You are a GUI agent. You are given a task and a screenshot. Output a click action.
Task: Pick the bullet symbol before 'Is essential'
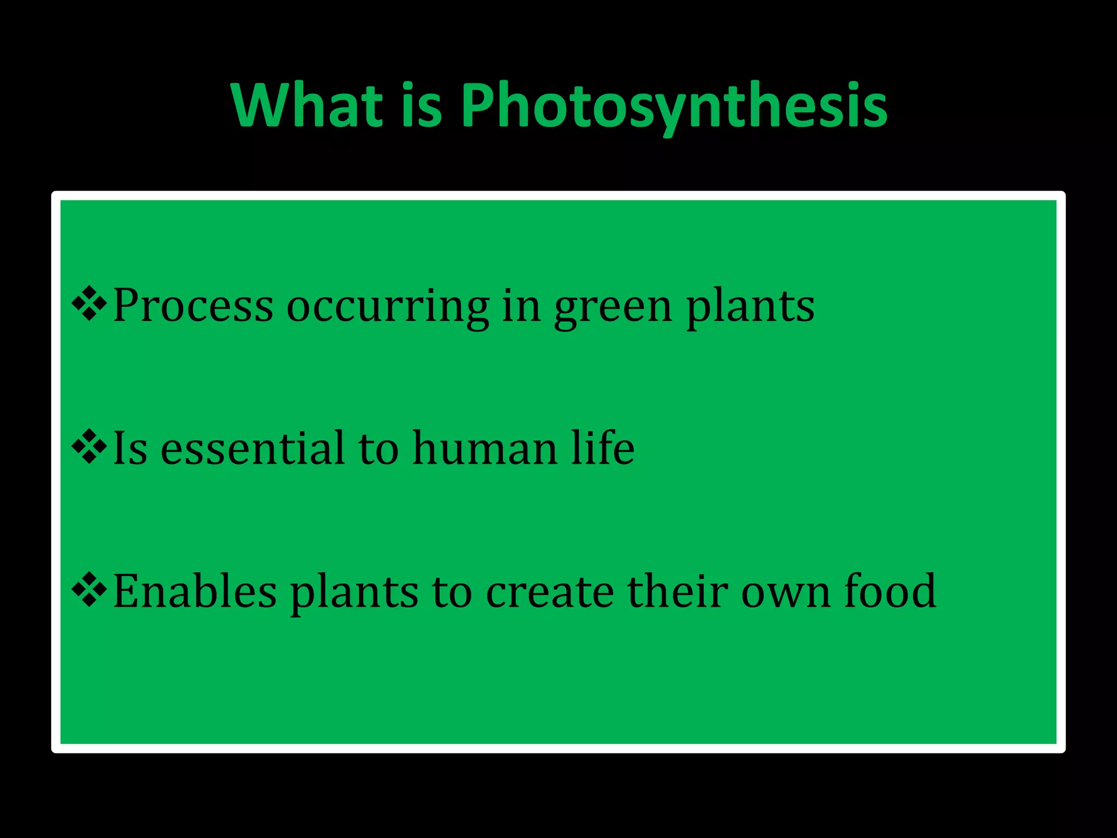tap(89, 447)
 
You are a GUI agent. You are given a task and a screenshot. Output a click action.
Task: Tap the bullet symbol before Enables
tap(89, 590)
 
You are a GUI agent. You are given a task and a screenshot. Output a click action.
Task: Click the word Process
tap(193, 306)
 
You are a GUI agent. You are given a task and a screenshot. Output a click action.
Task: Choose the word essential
tap(253, 448)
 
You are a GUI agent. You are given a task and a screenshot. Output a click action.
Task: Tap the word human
tap(484, 448)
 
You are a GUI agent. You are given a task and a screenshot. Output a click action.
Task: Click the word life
tap(603, 447)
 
